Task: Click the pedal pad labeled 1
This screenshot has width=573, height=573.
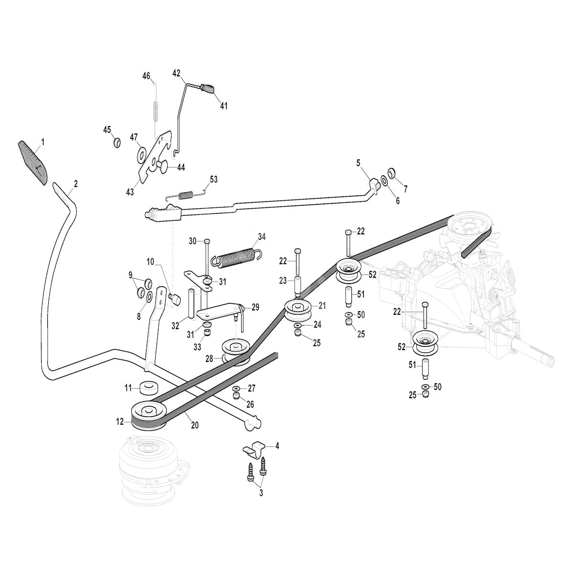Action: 33,162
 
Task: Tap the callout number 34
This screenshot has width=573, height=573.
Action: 262,237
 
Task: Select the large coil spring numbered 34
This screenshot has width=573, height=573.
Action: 236,256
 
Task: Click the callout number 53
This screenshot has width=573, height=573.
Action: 213,180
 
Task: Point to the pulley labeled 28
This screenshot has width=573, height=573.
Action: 236,353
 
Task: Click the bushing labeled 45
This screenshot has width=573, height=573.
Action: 117,142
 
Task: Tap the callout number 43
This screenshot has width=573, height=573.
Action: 130,192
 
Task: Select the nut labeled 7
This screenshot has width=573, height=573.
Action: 392,172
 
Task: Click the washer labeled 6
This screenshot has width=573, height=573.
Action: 384,181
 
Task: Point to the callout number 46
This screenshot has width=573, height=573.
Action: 146,76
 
